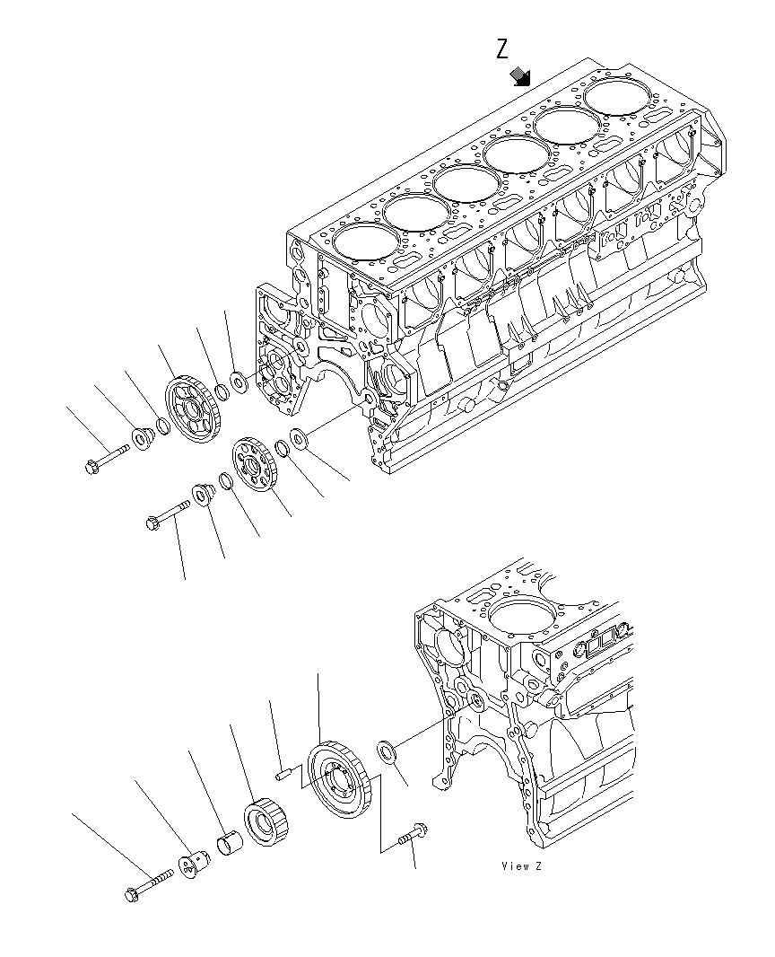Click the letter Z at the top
[x=503, y=49]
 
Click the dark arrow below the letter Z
[x=520, y=78]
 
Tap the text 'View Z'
[x=522, y=866]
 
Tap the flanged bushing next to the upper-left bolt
[x=143, y=438]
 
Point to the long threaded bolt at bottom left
[x=147, y=885]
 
